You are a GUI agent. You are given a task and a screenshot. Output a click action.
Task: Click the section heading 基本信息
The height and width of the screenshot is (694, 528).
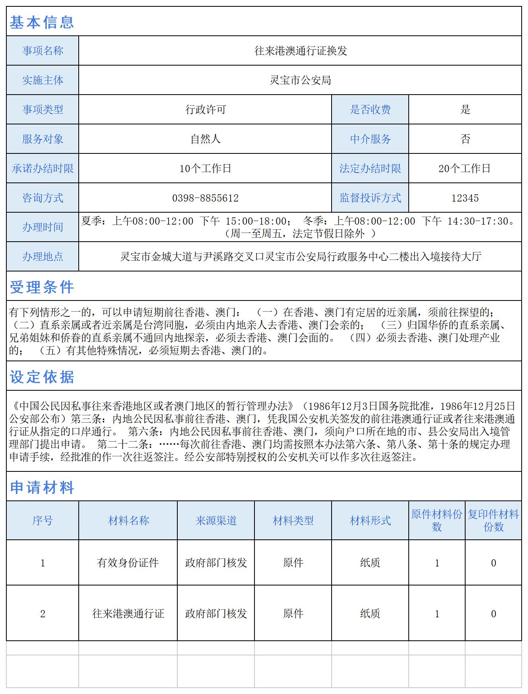pyautogui.click(x=42, y=22)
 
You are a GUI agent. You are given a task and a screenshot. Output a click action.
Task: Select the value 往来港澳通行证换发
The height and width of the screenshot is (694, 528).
pyautogui.click(x=301, y=51)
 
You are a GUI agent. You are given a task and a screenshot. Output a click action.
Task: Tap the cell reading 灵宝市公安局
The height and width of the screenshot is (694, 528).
pyautogui.click(x=301, y=80)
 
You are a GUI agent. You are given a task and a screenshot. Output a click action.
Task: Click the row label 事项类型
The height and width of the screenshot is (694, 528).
pyautogui.click(x=43, y=109)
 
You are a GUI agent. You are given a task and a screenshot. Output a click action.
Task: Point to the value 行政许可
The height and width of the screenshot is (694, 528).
pyautogui.click(x=206, y=109)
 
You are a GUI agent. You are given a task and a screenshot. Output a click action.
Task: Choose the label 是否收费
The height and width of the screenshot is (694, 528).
pyautogui.click(x=370, y=109)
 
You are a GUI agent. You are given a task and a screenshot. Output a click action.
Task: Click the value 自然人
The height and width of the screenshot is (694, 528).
pyautogui.click(x=206, y=139)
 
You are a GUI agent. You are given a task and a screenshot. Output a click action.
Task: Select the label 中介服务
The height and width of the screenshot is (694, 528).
pyautogui.click(x=370, y=139)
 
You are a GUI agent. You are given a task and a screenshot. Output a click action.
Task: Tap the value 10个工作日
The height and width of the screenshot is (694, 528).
pyautogui.click(x=206, y=169)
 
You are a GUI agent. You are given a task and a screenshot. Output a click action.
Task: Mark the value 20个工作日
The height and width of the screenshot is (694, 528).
pyautogui.click(x=465, y=169)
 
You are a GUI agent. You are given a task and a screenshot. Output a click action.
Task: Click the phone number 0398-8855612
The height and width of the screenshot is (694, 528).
pyautogui.click(x=206, y=198)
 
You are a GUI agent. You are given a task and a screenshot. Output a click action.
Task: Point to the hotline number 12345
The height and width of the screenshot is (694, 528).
pyautogui.click(x=465, y=198)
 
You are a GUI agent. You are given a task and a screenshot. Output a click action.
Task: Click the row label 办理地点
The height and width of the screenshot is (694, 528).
pyautogui.click(x=43, y=257)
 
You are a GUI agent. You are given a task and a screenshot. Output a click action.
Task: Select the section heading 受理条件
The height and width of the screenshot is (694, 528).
pyautogui.click(x=42, y=287)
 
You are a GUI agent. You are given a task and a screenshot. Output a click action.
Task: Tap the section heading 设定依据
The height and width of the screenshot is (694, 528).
pyautogui.click(x=42, y=377)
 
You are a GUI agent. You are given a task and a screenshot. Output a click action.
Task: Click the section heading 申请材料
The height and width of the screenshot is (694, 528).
pyautogui.click(x=42, y=487)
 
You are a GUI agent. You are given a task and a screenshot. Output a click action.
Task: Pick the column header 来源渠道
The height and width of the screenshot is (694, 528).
pyautogui.click(x=216, y=521)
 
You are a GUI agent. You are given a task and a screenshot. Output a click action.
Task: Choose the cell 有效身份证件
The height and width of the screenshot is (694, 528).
pyautogui.click(x=128, y=563)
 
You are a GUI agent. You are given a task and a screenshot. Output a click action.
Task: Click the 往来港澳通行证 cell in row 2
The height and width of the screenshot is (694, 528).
pyautogui.click(x=128, y=614)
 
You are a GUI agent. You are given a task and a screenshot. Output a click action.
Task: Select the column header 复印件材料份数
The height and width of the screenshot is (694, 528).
pyautogui.click(x=493, y=521)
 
